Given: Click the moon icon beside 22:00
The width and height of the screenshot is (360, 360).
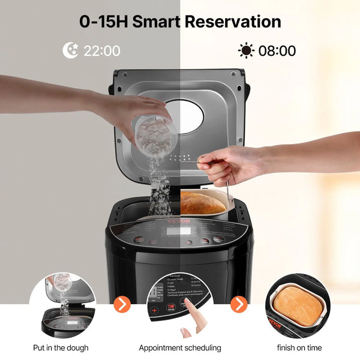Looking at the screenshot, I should pos(71,50).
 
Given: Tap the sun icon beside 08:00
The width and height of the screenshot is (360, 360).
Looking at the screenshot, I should pos(246,50).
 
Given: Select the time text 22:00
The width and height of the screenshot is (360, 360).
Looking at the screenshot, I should pos(102,51).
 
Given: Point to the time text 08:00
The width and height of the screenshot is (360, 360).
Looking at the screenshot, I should pos(277,51).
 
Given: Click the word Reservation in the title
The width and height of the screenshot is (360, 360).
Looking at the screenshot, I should pos(232,22).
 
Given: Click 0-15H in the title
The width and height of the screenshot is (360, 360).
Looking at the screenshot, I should pos(103,22).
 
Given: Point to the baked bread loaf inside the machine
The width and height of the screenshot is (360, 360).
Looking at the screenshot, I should pos(203,203).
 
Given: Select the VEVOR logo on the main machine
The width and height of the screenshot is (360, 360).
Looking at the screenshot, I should pos(179,221).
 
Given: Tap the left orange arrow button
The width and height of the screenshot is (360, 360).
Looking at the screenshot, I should pos(122,304).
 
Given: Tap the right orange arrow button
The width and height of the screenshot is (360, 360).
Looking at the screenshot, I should pos(239,304).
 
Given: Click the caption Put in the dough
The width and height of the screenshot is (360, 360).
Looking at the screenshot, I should pos(61,348).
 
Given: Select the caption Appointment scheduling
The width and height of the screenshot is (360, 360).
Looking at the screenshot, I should pos(180,348).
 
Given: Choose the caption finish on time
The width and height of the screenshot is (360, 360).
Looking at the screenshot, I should pos(299,348).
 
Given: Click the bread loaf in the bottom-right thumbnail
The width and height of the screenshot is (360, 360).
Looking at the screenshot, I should pos(298,305).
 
